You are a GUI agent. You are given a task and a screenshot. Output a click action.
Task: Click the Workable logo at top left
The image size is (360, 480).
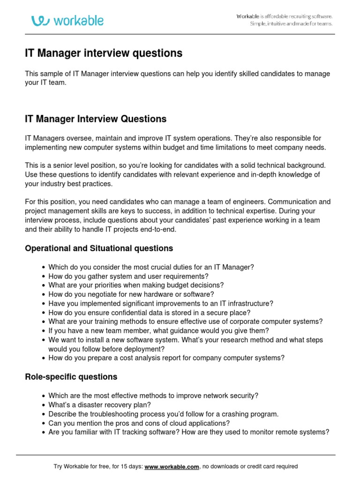click(67, 21)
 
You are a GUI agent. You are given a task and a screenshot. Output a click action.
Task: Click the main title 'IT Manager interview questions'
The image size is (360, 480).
click(104, 53)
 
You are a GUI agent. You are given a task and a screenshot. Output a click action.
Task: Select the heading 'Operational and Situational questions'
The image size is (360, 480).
click(99, 248)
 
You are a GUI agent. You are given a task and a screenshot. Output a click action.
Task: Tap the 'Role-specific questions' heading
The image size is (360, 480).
click(71, 377)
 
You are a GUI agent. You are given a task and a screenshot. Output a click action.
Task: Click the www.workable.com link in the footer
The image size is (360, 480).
click(172, 466)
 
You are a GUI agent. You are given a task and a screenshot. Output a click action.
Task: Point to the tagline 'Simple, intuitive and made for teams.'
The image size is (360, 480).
click(291, 24)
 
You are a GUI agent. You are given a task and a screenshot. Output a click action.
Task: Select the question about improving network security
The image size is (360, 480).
click(153, 396)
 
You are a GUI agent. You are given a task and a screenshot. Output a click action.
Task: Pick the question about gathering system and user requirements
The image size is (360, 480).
click(128, 276)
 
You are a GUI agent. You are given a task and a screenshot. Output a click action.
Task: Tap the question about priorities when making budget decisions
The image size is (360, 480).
click(136, 285)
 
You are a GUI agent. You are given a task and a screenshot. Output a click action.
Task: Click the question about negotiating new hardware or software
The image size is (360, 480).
click(131, 294)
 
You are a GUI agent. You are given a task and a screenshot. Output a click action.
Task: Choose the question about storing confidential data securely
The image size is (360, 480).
click(149, 313)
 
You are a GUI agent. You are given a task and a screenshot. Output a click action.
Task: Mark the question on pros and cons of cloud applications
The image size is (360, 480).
click(139, 423)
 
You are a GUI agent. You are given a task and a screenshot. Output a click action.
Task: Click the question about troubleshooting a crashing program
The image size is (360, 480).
click(163, 414)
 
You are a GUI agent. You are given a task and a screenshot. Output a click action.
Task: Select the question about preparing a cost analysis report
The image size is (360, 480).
click(166, 358)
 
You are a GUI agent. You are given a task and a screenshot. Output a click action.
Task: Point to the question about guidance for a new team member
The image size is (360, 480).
click(158, 331)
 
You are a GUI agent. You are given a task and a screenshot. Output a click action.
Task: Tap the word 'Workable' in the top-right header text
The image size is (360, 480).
click(247, 16)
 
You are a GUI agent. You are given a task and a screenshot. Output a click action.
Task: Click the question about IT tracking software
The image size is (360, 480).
click(189, 432)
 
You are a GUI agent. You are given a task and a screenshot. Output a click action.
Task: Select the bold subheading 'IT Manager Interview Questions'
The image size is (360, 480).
click(96, 119)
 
